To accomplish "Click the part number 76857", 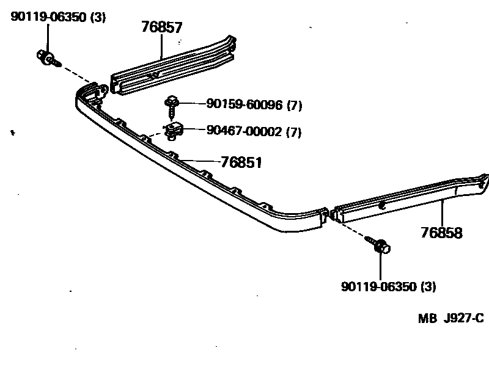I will [161, 27].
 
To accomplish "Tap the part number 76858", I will [441, 233].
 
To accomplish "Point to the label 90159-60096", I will [244, 106].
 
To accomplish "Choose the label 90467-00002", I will [244, 131].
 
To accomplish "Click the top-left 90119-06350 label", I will [48, 17].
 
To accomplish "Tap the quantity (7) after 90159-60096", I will [294, 106].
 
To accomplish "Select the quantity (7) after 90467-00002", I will [294, 131].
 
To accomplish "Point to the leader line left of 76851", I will [199, 161].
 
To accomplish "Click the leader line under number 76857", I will [161, 46].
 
